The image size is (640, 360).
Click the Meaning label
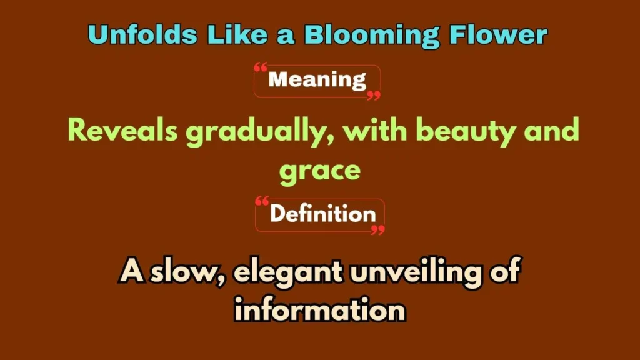pos(317,81)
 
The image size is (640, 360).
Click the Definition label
pos(322,214)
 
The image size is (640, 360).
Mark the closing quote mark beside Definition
pos(377,229)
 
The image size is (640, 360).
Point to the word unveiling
pos(419,272)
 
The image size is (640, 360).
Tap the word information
pos(319,309)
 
